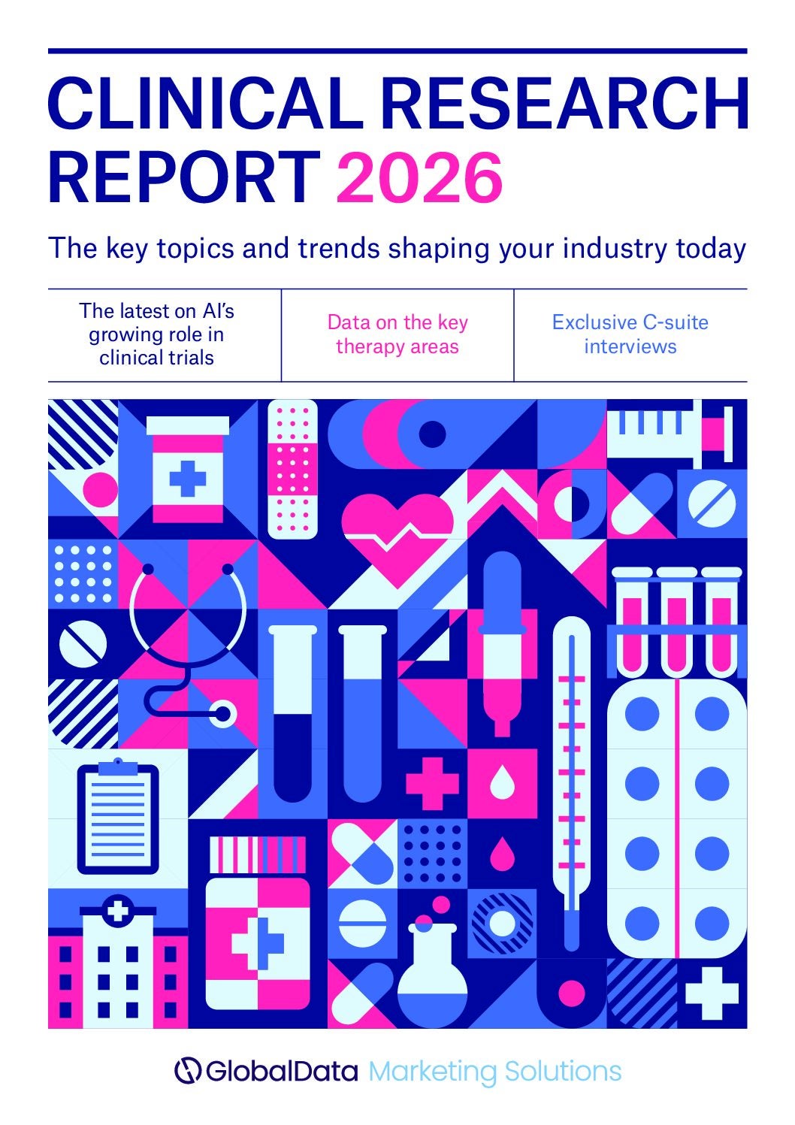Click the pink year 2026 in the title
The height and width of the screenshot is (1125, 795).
(x=419, y=178)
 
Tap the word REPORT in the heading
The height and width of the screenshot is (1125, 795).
(x=184, y=178)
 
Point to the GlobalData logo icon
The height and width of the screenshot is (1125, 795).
(x=187, y=1070)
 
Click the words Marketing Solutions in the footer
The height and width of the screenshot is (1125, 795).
(x=494, y=1070)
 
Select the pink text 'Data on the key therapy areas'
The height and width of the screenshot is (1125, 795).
(x=397, y=334)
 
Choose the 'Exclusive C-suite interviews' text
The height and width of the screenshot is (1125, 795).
(x=630, y=334)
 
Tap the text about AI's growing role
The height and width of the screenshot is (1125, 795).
(x=157, y=334)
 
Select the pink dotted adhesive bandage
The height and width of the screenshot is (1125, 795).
(x=292, y=469)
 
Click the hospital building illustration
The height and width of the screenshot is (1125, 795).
(x=118, y=966)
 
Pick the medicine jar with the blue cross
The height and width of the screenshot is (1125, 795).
(x=187, y=470)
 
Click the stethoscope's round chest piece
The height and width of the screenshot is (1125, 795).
(x=223, y=712)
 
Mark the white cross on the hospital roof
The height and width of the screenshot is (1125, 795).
(x=118, y=911)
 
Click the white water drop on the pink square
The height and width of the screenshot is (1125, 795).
(x=502, y=783)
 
